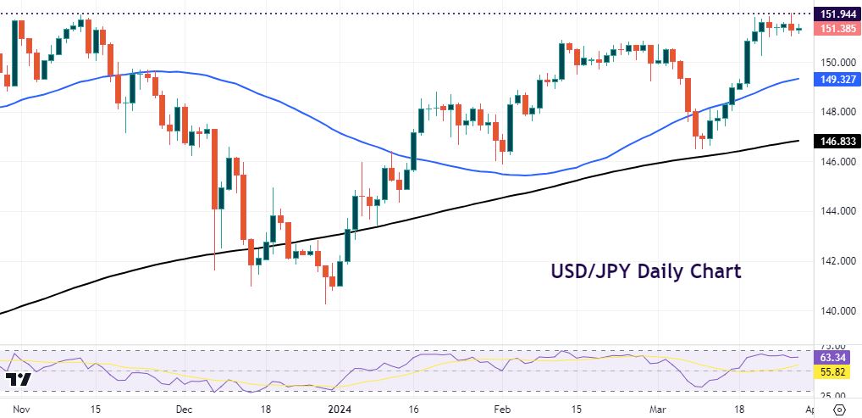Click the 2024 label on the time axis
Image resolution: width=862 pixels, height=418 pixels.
click(x=340, y=409)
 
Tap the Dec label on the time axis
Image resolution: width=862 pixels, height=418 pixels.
click(x=184, y=409)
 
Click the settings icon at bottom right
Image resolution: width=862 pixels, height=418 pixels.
click(x=839, y=409)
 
